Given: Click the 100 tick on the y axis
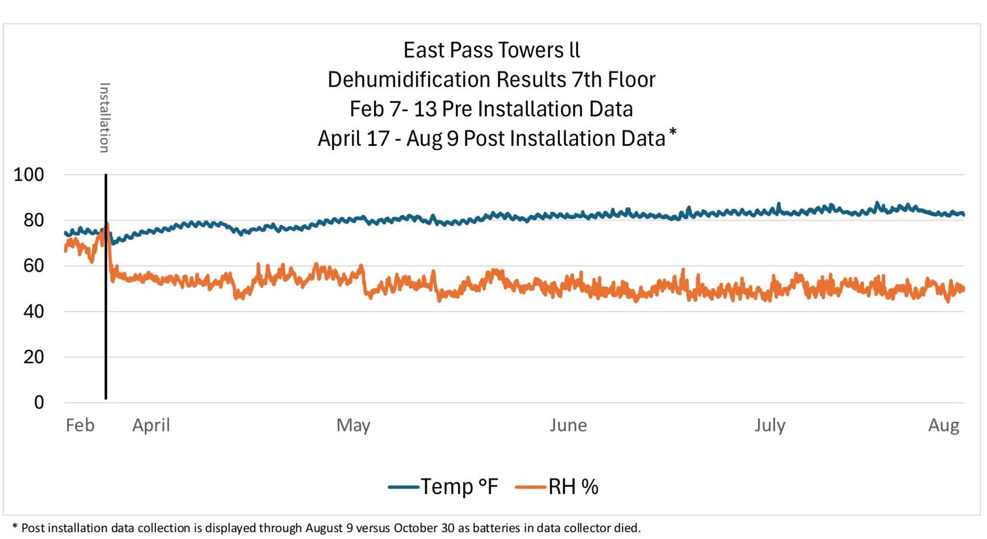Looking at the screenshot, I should pyautogui.click(x=29, y=175).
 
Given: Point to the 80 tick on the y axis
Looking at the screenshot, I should pyautogui.click(x=33, y=220).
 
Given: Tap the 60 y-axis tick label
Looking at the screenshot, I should pyautogui.click(x=33, y=266).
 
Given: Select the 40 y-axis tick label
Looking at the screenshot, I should pyautogui.click(x=33, y=311).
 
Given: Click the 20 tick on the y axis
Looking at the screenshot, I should pyautogui.click(x=33, y=357).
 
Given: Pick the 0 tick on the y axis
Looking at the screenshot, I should pyautogui.click(x=39, y=403).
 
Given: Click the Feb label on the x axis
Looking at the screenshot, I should pyautogui.click(x=80, y=425).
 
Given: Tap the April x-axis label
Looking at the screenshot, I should pyautogui.click(x=151, y=425).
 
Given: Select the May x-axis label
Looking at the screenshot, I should pyautogui.click(x=353, y=425).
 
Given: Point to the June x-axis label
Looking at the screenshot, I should pyautogui.click(x=568, y=425).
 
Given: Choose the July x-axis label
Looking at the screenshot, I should pyautogui.click(x=770, y=425).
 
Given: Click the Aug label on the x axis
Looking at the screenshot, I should pyautogui.click(x=944, y=425).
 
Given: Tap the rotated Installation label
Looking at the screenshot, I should pyautogui.click(x=105, y=118).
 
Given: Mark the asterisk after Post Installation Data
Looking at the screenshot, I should pyautogui.click(x=672, y=133).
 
